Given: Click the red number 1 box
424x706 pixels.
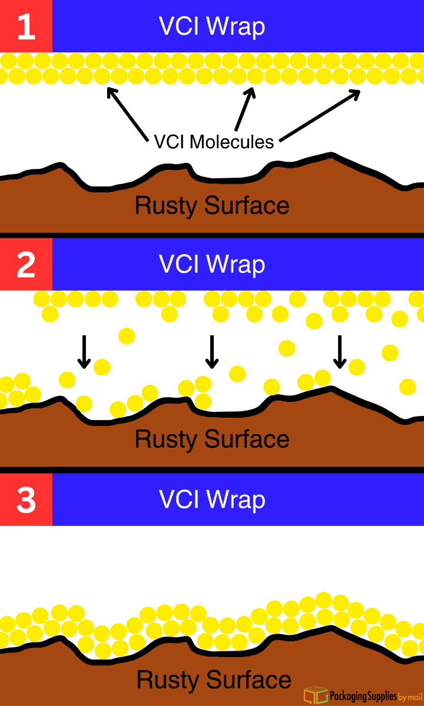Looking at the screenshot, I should (x=26, y=26).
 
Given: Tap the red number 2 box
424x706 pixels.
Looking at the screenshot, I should (x=26, y=265).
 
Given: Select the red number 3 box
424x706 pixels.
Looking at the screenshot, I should (x=26, y=499).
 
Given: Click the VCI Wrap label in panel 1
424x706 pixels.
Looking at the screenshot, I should (x=212, y=26).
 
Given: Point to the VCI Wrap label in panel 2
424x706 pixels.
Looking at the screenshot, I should (x=212, y=265).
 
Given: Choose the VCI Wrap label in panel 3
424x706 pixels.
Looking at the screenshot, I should (x=212, y=499).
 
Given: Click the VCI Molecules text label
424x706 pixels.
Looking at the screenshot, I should (x=214, y=142).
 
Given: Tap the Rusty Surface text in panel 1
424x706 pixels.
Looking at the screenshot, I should (x=212, y=205).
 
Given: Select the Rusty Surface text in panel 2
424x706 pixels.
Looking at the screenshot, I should (x=212, y=439).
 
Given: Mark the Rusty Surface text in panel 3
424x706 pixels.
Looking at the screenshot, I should (x=214, y=680).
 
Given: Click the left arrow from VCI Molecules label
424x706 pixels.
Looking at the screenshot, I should (x=127, y=115).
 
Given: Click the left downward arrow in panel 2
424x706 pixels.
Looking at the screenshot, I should (x=84, y=352).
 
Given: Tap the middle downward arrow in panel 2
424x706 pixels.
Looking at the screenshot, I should (x=211, y=352).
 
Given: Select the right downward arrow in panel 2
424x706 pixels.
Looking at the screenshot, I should (x=339, y=352).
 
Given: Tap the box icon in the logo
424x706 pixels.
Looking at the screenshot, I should (x=316, y=695).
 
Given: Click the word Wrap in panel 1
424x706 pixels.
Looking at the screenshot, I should (x=238, y=26).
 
